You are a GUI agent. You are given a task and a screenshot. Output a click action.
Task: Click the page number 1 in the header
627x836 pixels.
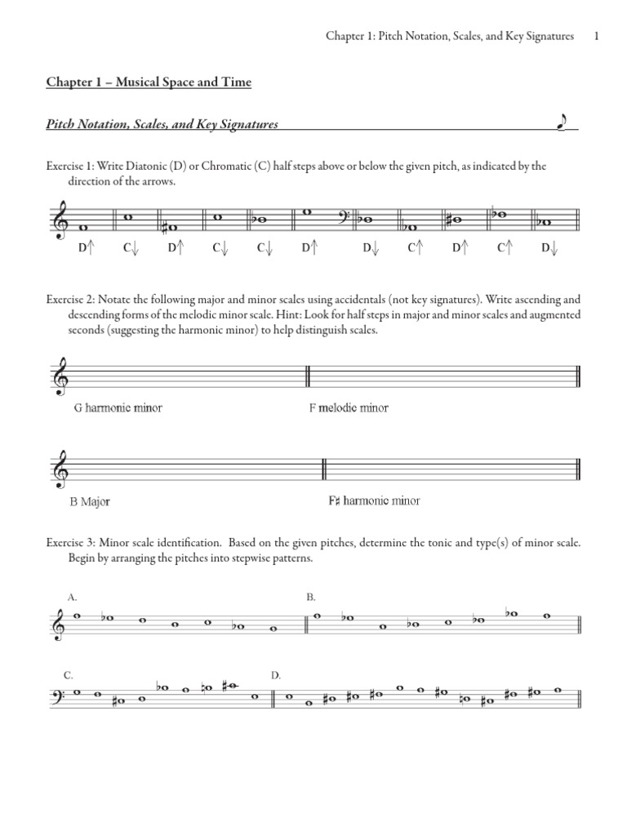click(598, 36)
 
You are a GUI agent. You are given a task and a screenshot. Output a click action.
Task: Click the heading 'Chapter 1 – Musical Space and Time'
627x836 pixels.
click(149, 82)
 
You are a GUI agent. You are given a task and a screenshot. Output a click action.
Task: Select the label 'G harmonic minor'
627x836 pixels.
click(118, 407)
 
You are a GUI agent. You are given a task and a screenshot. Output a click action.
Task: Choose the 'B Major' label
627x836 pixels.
click(90, 501)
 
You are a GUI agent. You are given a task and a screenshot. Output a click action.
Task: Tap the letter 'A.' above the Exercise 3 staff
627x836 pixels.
click(73, 598)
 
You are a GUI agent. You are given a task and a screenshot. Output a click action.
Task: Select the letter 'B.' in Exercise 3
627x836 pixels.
click(311, 598)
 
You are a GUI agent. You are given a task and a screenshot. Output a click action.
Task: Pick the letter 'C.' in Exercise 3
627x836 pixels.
click(69, 675)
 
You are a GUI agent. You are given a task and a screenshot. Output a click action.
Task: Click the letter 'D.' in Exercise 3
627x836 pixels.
click(276, 675)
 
